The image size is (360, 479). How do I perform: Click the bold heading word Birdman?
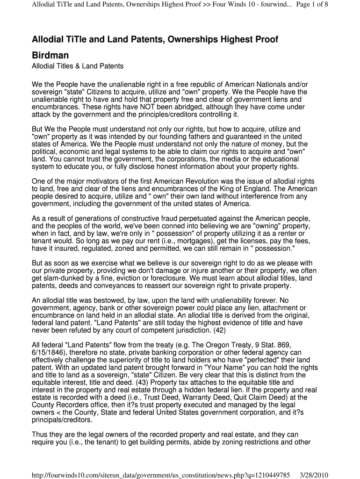[50, 55]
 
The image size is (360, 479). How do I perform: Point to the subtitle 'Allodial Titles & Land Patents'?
[77, 66]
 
